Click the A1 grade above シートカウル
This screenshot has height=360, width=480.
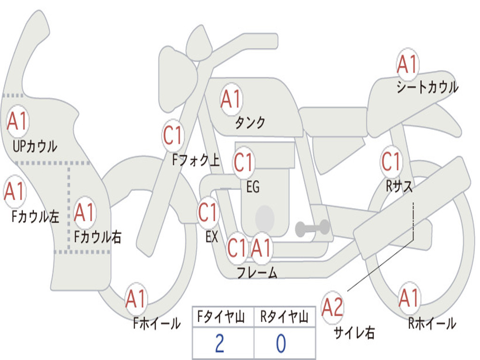407,64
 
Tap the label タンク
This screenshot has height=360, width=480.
250,123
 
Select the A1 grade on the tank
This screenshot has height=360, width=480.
231,99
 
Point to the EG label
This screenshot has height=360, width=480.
253,187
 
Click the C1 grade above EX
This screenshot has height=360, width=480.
208,213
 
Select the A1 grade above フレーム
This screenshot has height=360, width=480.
261,247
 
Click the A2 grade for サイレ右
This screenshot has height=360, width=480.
332,307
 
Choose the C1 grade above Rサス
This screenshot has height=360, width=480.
391,162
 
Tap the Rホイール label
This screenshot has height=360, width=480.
432,323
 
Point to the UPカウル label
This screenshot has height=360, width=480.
35,146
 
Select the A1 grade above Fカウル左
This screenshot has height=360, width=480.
14,191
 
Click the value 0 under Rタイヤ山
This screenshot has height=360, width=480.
281,344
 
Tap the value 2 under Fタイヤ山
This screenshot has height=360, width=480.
219,344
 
